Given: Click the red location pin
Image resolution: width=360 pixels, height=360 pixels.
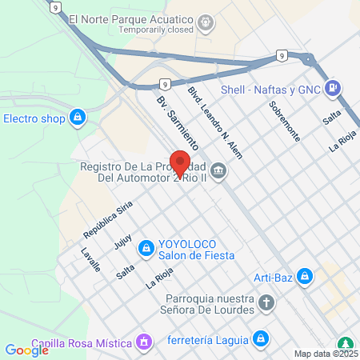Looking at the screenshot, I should pos(181,162).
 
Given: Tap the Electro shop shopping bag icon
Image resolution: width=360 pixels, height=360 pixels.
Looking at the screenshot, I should pos(77,119).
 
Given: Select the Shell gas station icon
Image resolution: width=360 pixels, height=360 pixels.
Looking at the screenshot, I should pos(334,90).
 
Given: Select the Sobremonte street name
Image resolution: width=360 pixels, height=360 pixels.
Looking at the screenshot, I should pos(284,121).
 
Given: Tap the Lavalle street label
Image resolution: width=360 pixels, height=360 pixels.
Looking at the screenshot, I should pos(90,260).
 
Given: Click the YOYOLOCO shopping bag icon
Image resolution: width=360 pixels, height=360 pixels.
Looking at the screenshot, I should pos(146,249).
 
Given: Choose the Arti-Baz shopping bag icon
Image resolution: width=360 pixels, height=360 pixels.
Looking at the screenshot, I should pos(304,278).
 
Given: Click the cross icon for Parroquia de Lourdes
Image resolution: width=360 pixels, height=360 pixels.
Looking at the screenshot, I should pos(267,304).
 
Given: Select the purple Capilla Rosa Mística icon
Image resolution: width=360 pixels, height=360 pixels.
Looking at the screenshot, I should pos(144,343).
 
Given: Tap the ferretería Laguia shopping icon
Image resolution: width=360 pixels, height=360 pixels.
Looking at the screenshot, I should pos(259,339).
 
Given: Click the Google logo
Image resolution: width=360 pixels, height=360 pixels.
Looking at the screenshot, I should pos(26,350).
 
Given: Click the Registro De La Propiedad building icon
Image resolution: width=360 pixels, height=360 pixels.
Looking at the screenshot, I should pos(218,172).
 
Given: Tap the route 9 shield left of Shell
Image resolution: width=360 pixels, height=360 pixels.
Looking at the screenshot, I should pos(282,55).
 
